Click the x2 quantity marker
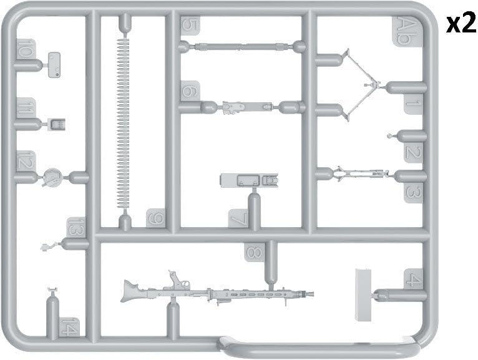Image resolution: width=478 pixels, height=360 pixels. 461,24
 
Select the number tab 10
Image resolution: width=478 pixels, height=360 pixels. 26,49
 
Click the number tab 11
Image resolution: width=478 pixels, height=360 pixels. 26,107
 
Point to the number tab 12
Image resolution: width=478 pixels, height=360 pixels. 26,160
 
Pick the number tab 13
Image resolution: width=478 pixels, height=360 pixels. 76,226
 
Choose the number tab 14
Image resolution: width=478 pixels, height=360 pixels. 70,328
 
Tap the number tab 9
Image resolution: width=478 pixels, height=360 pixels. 156,218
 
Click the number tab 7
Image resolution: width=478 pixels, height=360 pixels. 238,218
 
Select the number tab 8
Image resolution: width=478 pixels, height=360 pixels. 254,252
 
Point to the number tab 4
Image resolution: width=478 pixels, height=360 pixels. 413,279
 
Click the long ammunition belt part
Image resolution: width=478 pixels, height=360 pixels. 123,124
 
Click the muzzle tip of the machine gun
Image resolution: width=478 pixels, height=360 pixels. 313,294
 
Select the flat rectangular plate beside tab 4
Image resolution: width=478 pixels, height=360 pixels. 364,294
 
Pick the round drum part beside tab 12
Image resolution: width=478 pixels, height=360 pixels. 52,177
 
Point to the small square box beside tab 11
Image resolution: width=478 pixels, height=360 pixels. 57,124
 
